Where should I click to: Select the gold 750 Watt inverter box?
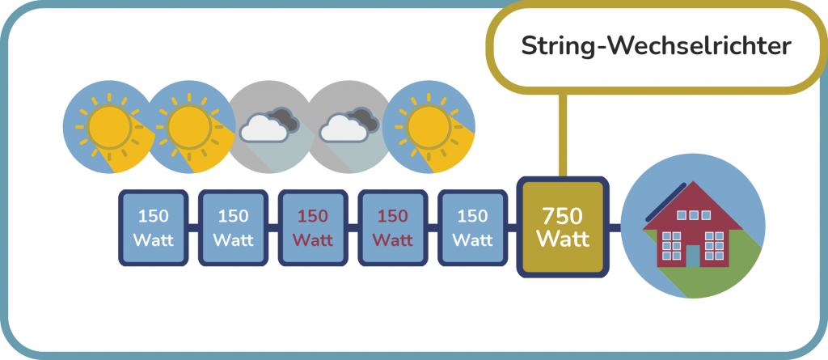[563, 227]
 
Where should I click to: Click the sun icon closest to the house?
[429, 127]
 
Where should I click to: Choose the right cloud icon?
[349, 127]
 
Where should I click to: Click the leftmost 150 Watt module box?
[154, 228]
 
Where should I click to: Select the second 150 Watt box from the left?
[233, 228]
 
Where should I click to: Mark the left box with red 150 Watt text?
[313, 228]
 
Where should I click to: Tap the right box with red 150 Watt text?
[392, 228]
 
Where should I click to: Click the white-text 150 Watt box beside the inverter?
[472, 228]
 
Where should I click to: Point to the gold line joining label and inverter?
[563, 134]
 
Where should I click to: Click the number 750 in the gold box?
[563, 216]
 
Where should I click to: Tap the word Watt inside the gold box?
[563, 240]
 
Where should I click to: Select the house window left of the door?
[670, 243]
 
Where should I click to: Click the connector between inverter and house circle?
[615, 228]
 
